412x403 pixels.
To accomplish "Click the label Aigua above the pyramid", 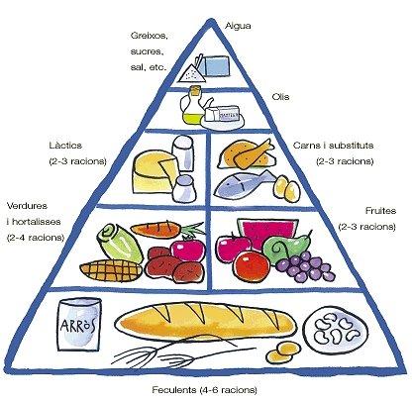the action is point(238,26).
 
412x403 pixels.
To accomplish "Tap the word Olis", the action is point(280,97).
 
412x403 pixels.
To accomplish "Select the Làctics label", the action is point(65,146).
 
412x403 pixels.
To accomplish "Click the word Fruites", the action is point(380,211).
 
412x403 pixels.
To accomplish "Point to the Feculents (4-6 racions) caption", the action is point(204,390).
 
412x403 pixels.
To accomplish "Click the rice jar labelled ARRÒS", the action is point(79,324).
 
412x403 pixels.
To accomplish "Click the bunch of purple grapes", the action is point(305,266).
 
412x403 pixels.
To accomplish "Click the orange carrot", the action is point(158,229).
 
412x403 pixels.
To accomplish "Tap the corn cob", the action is point(111,270).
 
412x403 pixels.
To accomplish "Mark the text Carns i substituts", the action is point(334,146).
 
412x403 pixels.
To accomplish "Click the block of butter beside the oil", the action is point(222,114).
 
